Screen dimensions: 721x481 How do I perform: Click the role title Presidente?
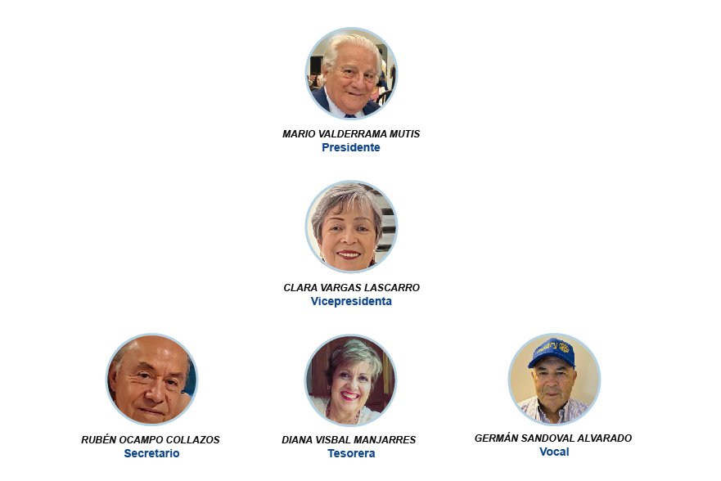click(351, 147)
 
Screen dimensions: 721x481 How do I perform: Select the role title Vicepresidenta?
click(351, 301)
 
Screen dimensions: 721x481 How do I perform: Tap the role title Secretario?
click(151, 453)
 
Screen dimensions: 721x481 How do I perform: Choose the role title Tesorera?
click(351, 453)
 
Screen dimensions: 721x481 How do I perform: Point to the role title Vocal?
click(554, 452)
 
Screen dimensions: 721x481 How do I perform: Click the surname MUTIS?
click(404, 134)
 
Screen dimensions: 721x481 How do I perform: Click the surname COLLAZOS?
click(192, 439)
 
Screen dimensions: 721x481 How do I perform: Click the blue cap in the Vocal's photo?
click(552, 353)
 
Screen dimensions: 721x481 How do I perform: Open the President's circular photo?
click(351, 74)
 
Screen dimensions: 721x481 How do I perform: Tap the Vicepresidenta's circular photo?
click(351, 227)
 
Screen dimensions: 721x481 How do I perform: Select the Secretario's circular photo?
click(151, 380)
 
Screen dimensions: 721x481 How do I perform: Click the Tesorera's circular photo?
click(351, 380)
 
